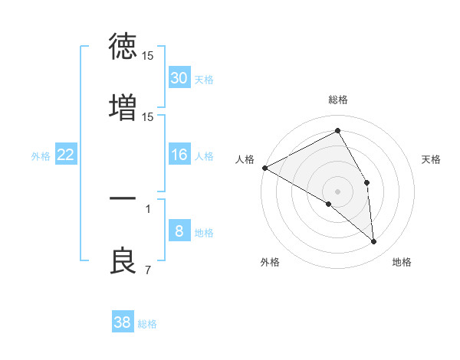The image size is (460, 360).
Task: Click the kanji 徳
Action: coord(123,46)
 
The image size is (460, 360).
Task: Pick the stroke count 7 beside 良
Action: coord(147,270)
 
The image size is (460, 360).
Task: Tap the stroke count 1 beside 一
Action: coord(147,208)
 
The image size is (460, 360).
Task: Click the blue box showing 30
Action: coord(179,78)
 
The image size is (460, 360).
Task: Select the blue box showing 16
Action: coord(179,155)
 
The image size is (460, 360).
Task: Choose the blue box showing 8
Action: coord(179,231)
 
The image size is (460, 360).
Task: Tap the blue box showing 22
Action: coord(65,155)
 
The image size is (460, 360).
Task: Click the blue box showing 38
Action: coord(122,322)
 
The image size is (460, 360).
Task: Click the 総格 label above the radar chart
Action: coord(338,100)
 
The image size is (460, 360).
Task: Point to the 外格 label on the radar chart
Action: coord(270,262)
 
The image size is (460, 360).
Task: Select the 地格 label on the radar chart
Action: coord(402,262)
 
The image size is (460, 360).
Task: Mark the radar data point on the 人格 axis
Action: coord(264,168)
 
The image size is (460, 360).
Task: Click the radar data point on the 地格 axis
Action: coord(373,241)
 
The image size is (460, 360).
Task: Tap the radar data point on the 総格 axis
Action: coord(338,131)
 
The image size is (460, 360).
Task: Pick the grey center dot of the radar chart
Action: coord(338,191)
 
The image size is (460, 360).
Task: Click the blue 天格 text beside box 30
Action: coord(204,80)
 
